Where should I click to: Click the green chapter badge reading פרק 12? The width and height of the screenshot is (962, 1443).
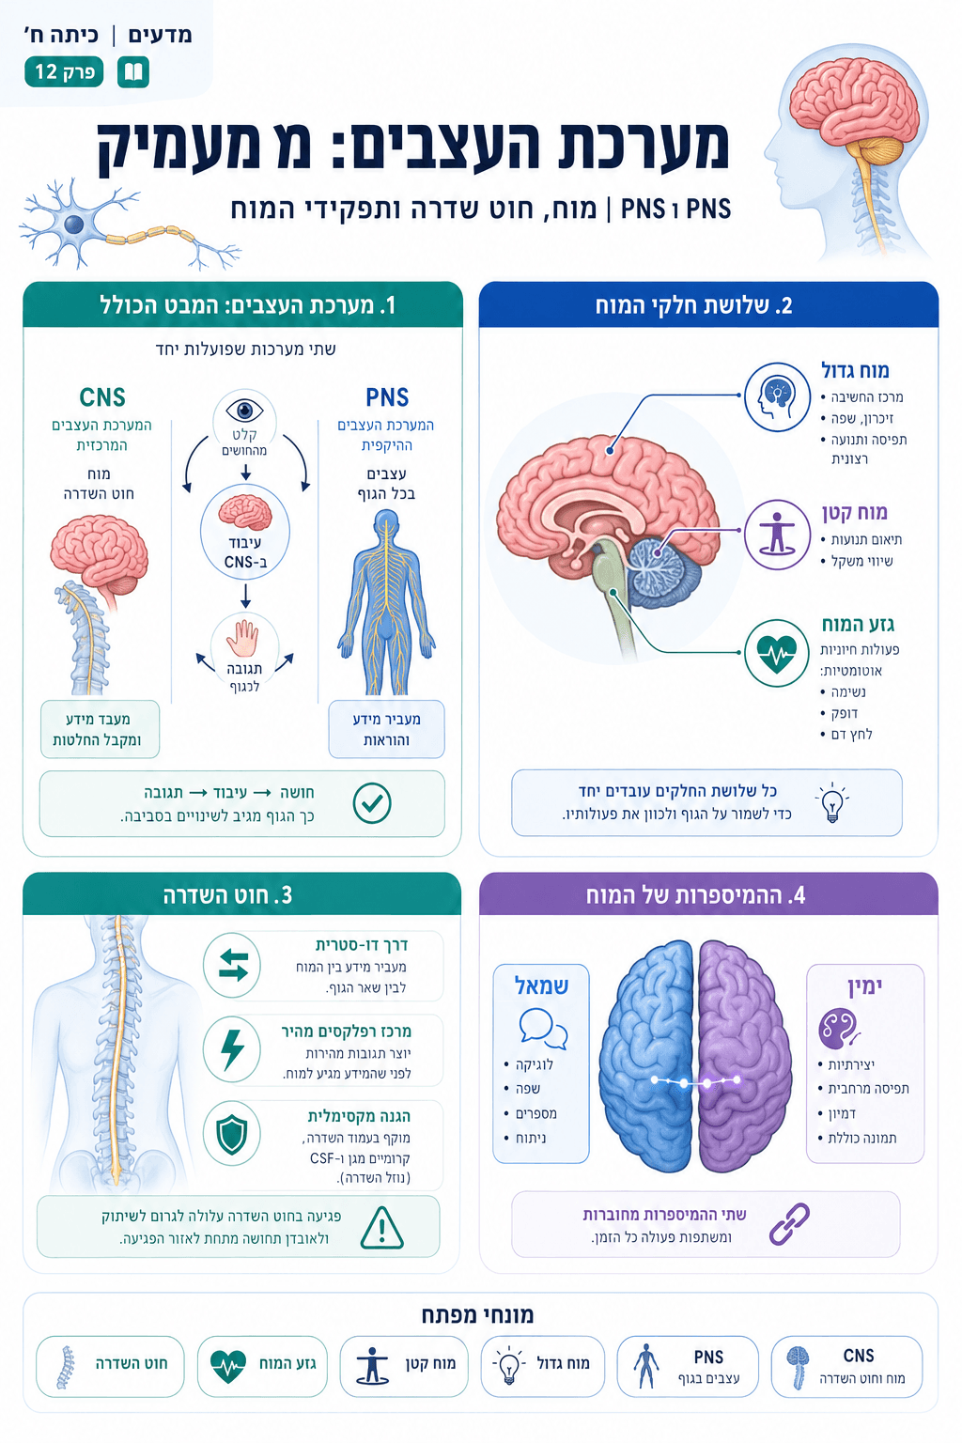(x=64, y=71)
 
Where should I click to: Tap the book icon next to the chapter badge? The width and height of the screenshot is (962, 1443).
(x=133, y=71)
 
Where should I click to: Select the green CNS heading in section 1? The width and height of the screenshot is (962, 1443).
(x=102, y=397)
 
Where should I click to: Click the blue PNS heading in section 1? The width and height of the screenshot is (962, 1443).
(x=387, y=397)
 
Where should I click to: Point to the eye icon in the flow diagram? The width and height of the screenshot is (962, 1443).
(x=245, y=410)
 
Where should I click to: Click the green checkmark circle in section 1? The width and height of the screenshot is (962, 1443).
(x=372, y=803)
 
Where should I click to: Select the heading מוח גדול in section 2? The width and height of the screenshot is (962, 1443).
(x=855, y=370)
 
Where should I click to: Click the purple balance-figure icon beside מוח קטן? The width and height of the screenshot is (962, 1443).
(x=776, y=534)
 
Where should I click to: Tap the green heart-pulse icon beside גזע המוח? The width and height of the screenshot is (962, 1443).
(x=776, y=653)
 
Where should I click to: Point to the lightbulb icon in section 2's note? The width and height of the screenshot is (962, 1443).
(x=831, y=802)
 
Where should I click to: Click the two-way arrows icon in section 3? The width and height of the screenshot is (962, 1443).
(x=232, y=965)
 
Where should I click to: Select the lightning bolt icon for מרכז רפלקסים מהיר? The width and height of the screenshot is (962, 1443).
(x=232, y=1050)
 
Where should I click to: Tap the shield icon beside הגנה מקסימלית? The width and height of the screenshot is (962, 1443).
(x=232, y=1135)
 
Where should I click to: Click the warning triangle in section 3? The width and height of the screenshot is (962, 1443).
(x=382, y=1227)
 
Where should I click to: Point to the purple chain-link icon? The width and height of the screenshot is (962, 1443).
(x=789, y=1223)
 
